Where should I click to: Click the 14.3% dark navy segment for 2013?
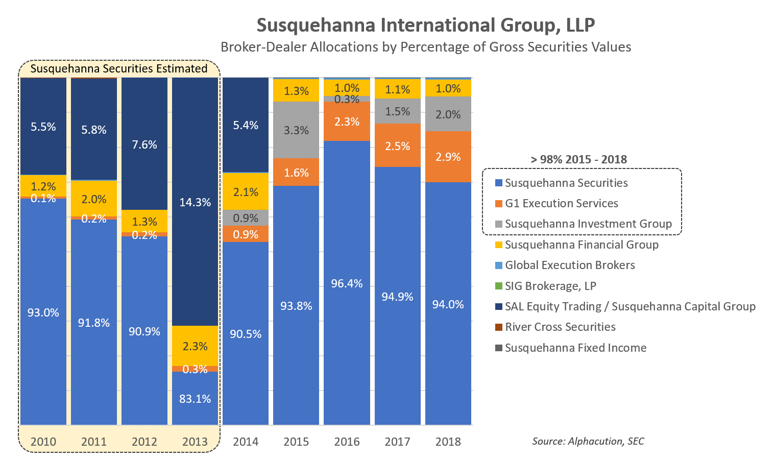point(195,202)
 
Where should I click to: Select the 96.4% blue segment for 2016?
point(347,283)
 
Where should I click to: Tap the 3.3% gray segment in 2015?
point(296,130)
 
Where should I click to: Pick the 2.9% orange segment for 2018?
point(448,157)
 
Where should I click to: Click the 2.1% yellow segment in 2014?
point(246,192)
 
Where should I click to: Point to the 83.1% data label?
point(195,399)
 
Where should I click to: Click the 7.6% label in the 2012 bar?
point(144,144)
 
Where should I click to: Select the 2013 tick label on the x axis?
point(195,442)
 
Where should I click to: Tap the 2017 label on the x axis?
point(397,442)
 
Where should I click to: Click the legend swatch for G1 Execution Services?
point(499,204)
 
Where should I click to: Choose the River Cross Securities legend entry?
point(560,327)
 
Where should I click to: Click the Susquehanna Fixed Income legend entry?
point(575,348)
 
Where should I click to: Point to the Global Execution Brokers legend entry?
point(570,265)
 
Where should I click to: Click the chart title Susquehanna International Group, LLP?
point(426,25)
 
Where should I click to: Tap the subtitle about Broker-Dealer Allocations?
point(426,47)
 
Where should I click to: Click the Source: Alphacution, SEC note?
point(588,441)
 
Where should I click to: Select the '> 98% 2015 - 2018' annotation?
point(579,159)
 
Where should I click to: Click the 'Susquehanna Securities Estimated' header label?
point(119,68)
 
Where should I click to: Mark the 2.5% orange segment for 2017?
point(397,146)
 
